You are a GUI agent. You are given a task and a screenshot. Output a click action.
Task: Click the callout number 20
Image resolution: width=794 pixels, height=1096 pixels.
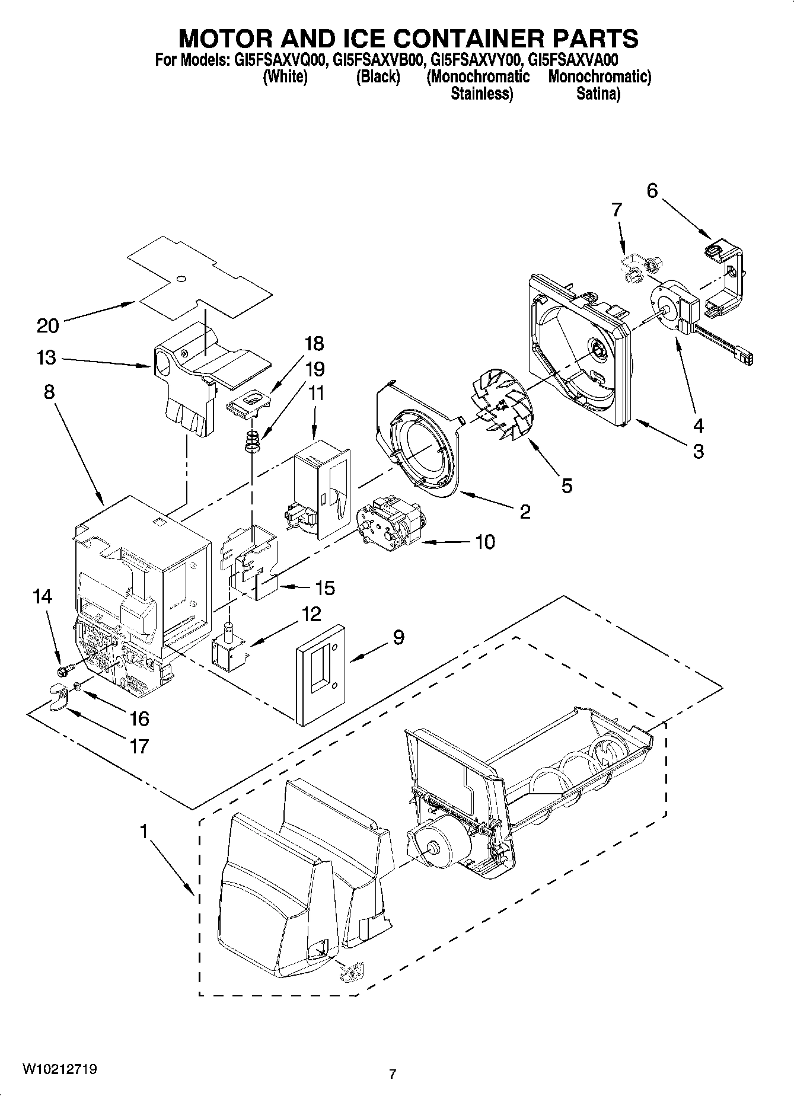[x=48, y=325]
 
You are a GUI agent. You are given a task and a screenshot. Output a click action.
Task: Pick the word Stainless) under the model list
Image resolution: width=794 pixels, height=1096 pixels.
[x=481, y=94]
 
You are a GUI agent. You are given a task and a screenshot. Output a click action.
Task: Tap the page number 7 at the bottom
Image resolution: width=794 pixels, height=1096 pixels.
[x=392, y=1073]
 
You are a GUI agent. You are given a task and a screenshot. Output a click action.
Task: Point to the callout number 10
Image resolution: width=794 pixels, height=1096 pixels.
[x=484, y=542]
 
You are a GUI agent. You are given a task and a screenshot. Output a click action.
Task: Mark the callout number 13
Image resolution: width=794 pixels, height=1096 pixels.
[x=46, y=358]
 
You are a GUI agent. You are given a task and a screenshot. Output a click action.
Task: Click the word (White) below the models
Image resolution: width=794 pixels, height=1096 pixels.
[x=285, y=77]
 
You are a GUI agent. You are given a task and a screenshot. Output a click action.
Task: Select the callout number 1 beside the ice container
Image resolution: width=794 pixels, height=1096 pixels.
[x=144, y=832]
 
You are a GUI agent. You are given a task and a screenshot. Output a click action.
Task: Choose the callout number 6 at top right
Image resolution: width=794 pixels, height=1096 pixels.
[x=652, y=191]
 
